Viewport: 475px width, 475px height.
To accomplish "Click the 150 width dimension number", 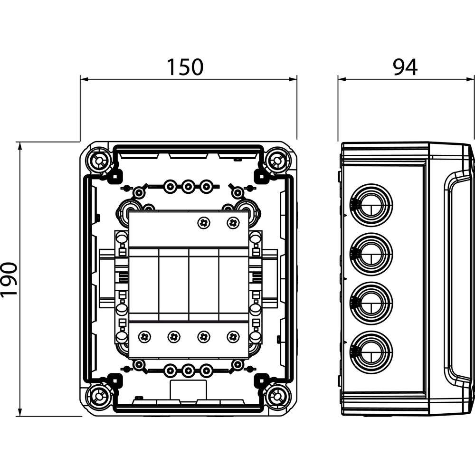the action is pos(185,67).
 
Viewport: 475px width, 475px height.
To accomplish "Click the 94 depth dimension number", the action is pos(405,67).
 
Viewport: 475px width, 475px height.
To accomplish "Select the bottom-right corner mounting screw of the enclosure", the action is pos(276,396).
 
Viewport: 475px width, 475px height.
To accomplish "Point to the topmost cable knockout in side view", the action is pos(371,204).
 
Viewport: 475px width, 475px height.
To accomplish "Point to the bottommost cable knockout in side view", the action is pos(371,352).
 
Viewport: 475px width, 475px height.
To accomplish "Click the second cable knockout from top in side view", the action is pos(371,254).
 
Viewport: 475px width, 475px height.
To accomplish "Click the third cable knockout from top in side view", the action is pos(371,303).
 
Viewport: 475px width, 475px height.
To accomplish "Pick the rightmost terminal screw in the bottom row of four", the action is pos(233,336).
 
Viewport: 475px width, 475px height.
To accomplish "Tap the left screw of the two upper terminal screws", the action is pos(203,223).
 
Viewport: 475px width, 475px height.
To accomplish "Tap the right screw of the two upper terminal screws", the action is pos(233,223).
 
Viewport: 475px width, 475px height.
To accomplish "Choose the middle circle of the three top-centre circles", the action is pos(188,187).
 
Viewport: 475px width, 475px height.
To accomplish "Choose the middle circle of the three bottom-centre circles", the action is pos(188,370).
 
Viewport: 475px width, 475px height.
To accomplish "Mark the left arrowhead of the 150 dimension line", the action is pos(84,79).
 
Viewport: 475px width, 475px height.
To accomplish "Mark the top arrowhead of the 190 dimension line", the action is pos(20,146).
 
